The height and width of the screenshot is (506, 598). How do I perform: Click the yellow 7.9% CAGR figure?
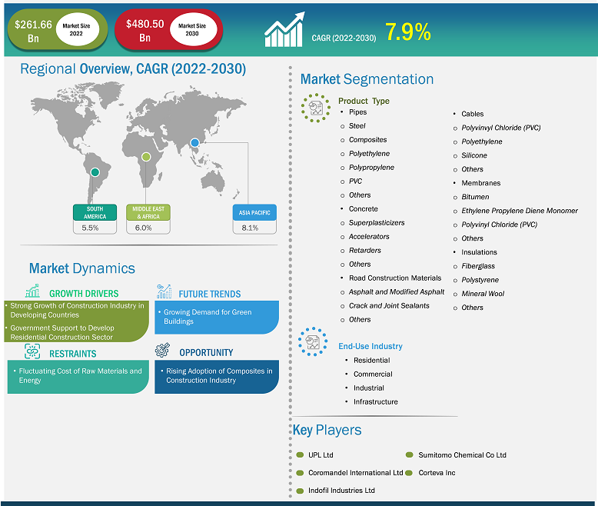(x=407, y=32)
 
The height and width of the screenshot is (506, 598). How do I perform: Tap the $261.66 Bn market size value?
(x=33, y=32)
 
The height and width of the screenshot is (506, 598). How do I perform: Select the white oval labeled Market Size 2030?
(x=193, y=30)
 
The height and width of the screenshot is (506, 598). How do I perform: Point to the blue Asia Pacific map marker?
(x=195, y=143)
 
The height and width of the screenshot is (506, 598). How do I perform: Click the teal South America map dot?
(x=95, y=172)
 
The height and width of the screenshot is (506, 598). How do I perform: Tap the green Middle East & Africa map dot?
(x=146, y=156)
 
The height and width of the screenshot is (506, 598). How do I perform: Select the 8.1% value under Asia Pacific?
(x=250, y=228)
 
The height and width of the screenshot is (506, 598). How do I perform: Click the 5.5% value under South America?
(x=90, y=228)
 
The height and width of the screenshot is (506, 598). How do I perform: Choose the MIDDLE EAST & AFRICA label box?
(x=148, y=212)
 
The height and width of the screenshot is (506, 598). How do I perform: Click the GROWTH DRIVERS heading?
(x=84, y=294)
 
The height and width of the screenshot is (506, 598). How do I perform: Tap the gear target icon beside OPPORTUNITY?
(x=162, y=351)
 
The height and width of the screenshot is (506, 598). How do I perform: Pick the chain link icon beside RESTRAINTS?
(x=32, y=351)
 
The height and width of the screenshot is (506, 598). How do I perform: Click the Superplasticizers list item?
(x=377, y=223)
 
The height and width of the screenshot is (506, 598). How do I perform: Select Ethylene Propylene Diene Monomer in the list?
(x=520, y=211)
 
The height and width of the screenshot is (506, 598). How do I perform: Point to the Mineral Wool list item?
(x=483, y=294)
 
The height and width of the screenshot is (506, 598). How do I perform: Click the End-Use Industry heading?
(x=370, y=346)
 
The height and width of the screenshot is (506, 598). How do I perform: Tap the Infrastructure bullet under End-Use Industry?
(x=375, y=402)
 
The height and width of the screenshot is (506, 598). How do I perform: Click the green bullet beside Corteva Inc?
(x=409, y=473)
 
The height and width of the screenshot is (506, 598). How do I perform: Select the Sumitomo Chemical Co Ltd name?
(x=462, y=455)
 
